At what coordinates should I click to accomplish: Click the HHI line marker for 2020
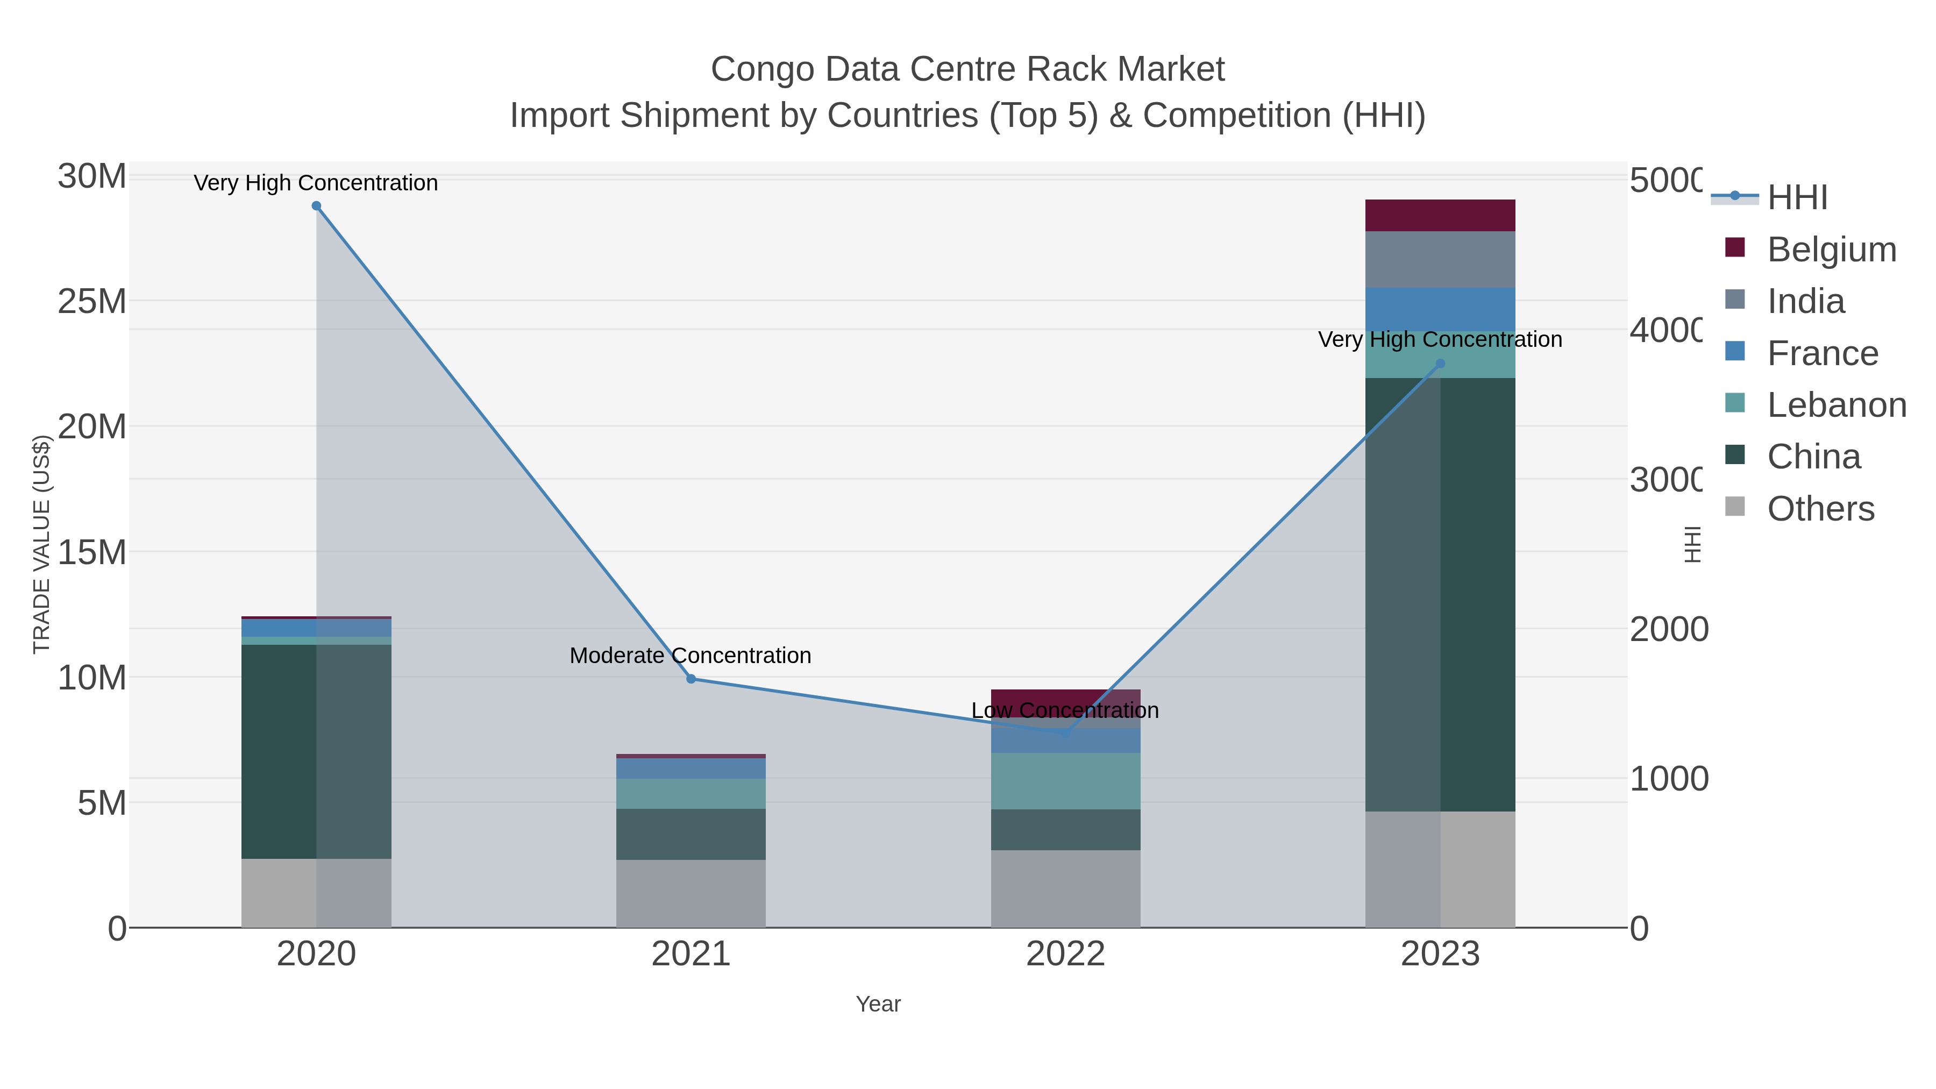pyautogui.click(x=316, y=206)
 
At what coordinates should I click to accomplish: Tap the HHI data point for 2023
pyautogui.click(x=1440, y=364)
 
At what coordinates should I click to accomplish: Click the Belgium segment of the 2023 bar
pyautogui.click(x=1440, y=216)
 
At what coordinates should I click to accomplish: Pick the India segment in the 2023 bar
pyautogui.click(x=1440, y=259)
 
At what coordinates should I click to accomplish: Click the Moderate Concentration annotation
pyautogui.click(x=690, y=656)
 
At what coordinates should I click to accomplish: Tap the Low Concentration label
pyautogui.click(x=1064, y=710)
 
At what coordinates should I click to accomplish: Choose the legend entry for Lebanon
pyautogui.click(x=1836, y=405)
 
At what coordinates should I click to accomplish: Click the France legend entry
pyautogui.click(x=1822, y=353)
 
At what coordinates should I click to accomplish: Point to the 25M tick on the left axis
pyautogui.click(x=91, y=301)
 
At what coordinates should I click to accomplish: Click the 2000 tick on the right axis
pyautogui.click(x=1668, y=629)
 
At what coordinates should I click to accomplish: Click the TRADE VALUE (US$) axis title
pyautogui.click(x=41, y=544)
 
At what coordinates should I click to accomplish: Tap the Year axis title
pyautogui.click(x=878, y=1004)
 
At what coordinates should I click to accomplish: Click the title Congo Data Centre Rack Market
pyautogui.click(x=967, y=69)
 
